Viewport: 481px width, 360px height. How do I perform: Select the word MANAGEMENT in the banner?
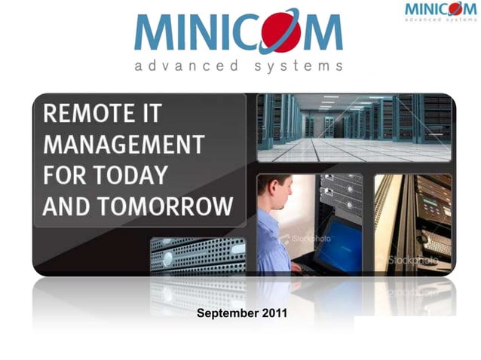[x=123, y=145]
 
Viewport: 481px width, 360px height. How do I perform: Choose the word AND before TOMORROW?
[x=67, y=205]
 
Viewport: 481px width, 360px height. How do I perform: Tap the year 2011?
[x=273, y=313]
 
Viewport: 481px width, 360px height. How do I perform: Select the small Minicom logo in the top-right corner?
[x=440, y=12]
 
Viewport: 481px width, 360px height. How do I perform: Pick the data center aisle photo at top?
[x=354, y=127]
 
